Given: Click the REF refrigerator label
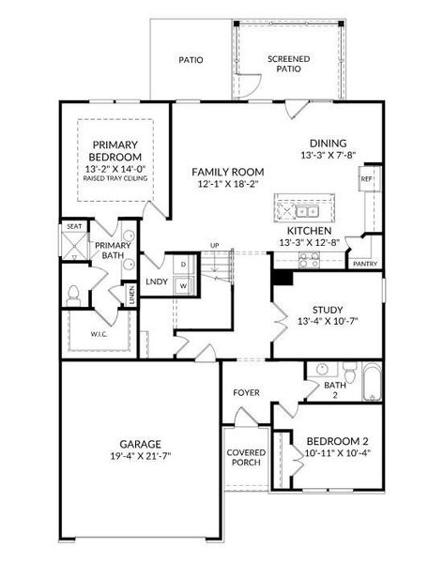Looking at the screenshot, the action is point(366,178).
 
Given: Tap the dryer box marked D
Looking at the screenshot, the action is point(184,265).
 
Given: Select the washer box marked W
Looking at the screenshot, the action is point(184,286).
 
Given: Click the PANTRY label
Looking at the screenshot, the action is point(365,264).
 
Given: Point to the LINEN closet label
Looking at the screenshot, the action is point(131,296).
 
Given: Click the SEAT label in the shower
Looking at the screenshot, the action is point(74,226).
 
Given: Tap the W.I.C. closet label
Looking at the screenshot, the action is point(99,334).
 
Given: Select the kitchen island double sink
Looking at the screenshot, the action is point(307,211).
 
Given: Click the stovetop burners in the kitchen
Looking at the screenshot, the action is point(310,260).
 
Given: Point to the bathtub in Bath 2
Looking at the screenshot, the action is point(372,382).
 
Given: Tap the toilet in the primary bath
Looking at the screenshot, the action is point(73,296).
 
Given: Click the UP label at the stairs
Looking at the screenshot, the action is point(215,246).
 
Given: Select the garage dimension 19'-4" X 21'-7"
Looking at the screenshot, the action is point(140,456).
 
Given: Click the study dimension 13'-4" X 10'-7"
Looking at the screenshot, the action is point(328,321).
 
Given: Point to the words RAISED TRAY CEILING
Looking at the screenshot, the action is point(115,178).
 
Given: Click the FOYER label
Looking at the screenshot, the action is point(246,392).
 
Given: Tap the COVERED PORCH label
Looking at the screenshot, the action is point(246,458).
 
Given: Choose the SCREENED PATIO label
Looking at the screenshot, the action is point(288,64).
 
